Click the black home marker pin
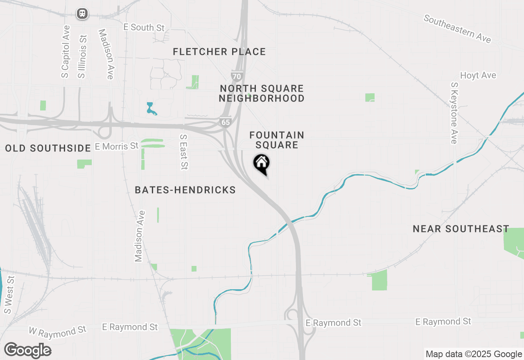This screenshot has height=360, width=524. (261, 164)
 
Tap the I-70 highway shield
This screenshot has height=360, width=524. (237, 76)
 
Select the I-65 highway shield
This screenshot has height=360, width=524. (225, 122)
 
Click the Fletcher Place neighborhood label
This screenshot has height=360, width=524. (219, 52)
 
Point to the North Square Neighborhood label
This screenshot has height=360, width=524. (262, 93)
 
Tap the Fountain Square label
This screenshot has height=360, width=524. (277, 140)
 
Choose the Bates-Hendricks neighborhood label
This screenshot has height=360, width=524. (185, 190)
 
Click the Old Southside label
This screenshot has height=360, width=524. (48, 148)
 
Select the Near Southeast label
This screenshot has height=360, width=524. (461, 229)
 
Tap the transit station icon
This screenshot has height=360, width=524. (83, 14)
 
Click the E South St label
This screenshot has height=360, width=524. (144, 27)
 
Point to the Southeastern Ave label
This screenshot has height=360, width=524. (457, 29)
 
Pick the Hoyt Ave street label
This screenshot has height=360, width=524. (478, 75)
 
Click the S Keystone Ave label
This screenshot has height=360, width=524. (454, 113)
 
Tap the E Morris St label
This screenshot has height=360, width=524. (117, 146)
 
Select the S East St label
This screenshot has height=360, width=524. (184, 152)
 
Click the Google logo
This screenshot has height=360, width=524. (27, 351)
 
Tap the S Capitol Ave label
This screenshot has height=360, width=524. (65, 52)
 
